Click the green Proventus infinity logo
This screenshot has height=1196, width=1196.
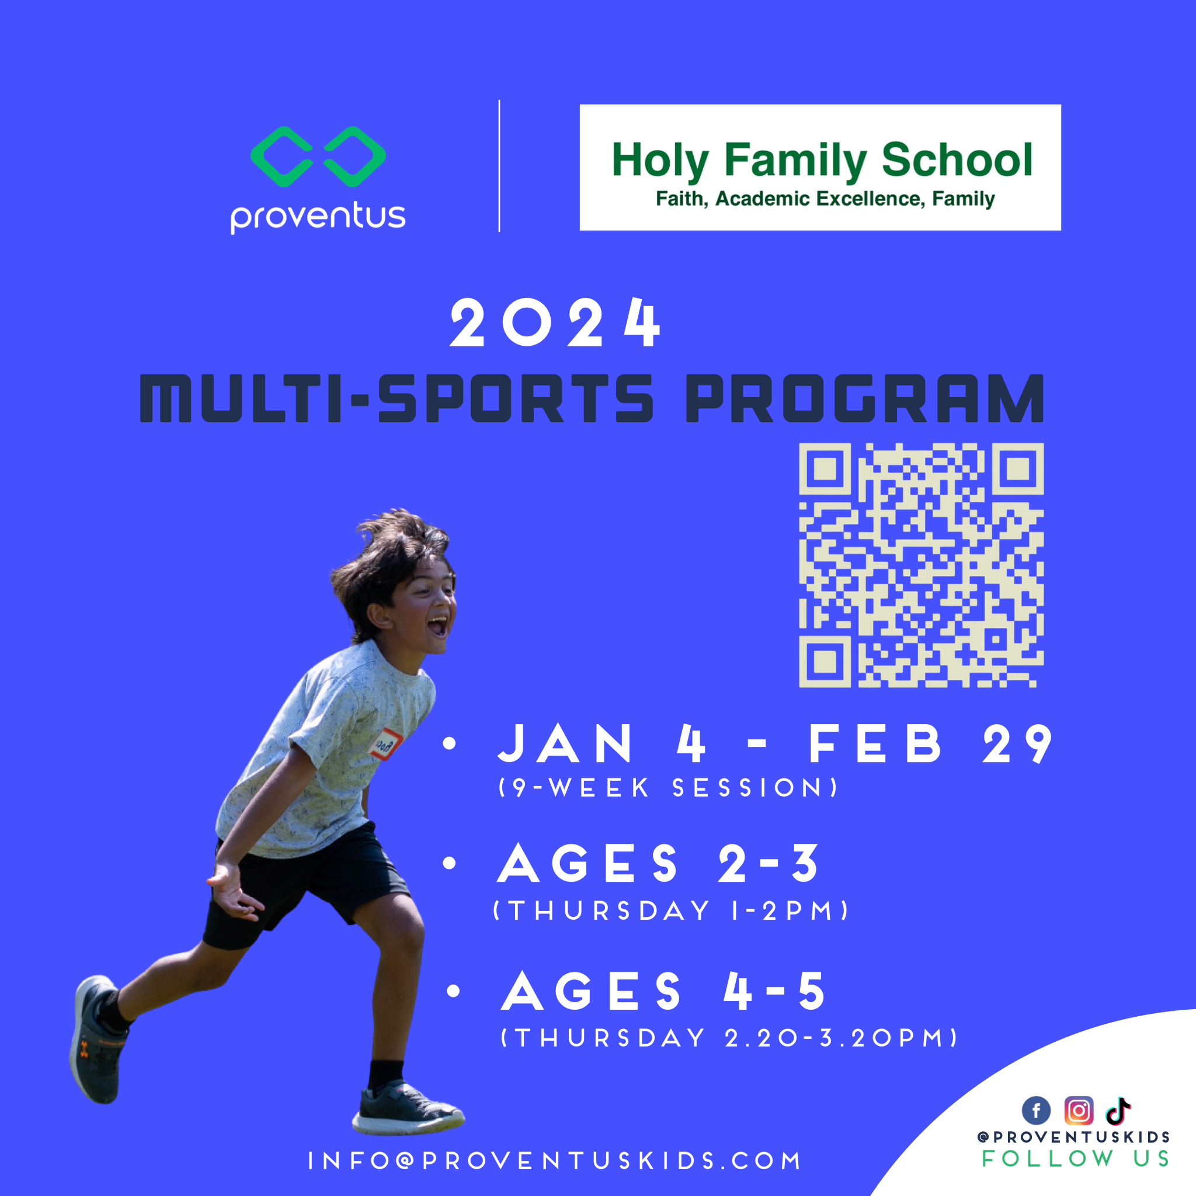click(318, 157)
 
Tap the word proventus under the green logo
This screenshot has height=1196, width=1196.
click(318, 216)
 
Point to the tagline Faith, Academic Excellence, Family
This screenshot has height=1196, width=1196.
click(825, 199)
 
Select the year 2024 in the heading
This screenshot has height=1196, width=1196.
click(555, 323)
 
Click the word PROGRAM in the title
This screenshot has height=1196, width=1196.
click(865, 399)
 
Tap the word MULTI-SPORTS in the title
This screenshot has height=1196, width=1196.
click(396, 399)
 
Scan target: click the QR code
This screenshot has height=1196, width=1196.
click(921, 565)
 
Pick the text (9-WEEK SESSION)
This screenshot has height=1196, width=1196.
click(669, 788)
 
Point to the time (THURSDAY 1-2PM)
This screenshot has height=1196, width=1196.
click(671, 910)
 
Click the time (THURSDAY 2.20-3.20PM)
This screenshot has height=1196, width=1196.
click(729, 1038)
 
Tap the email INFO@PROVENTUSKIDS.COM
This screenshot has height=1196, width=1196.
click(555, 1161)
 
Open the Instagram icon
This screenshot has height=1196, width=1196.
click(1079, 1111)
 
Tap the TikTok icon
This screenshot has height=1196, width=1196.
click(1118, 1111)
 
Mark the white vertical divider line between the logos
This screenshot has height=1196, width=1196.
click(499, 166)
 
